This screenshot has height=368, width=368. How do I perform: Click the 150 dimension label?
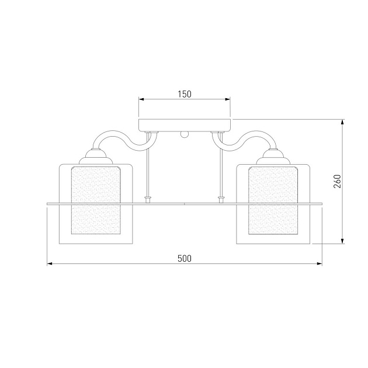coord(185,94)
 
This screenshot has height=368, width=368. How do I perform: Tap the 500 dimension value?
coord(185,258)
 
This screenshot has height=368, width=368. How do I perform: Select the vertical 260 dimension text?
coord(337,182)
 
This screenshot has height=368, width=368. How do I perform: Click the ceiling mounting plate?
coord(185,126)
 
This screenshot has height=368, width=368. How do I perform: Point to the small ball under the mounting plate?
coord(185,134)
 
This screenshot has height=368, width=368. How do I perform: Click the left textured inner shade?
coord(96,200)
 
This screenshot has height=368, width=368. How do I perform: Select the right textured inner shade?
coord(273,200)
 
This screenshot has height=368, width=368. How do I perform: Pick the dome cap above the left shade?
coord(96,157)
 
